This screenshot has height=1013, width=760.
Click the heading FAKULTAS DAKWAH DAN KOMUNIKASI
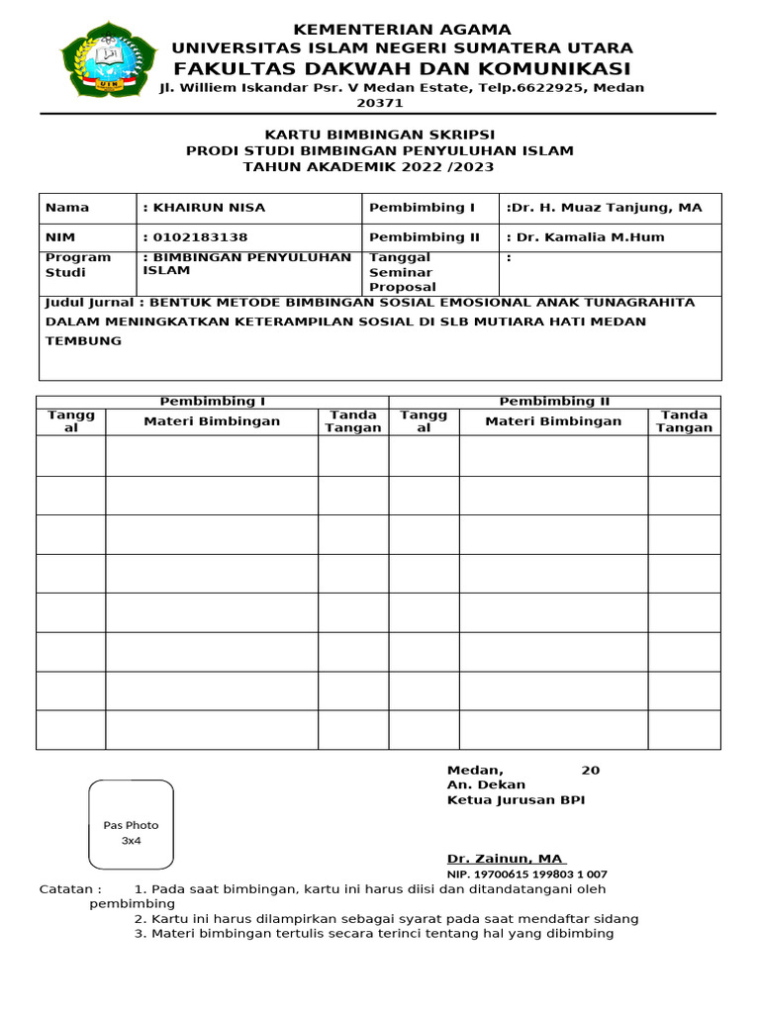pyautogui.click(x=402, y=68)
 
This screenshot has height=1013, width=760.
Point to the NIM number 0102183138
pyautogui.click(x=199, y=237)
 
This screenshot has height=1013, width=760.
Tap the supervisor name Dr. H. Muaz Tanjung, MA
pyautogui.click(x=608, y=208)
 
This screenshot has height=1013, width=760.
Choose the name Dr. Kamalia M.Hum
pyautogui.click(x=589, y=237)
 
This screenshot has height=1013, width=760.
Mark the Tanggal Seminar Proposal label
pyautogui.click(x=402, y=272)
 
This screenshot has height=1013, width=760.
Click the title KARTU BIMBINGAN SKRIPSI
pyautogui.click(x=380, y=135)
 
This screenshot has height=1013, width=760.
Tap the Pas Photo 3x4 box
pyautogui.click(x=131, y=823)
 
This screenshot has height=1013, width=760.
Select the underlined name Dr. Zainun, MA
pyautogui.click(x=505, y=859)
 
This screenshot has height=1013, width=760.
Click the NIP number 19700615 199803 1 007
pyautogui.click(x=527, y=875)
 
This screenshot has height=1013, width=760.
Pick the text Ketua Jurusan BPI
pyautogui.click(x=516, y=800)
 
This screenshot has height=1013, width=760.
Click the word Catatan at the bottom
pyautogui.click(x=70, y=889)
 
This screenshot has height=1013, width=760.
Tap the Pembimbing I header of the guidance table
pyautogui.click(x=213, y=401)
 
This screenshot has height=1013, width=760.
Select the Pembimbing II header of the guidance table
pyautogui.click(x=554, y=401)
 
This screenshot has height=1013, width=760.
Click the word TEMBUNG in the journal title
pyautogui.click(x=84, y=340)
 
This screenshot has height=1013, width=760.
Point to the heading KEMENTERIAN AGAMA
pyautogui.click(x=402, y=30)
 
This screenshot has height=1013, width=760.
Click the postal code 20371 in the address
pyautogui.click(x=380, y=103)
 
